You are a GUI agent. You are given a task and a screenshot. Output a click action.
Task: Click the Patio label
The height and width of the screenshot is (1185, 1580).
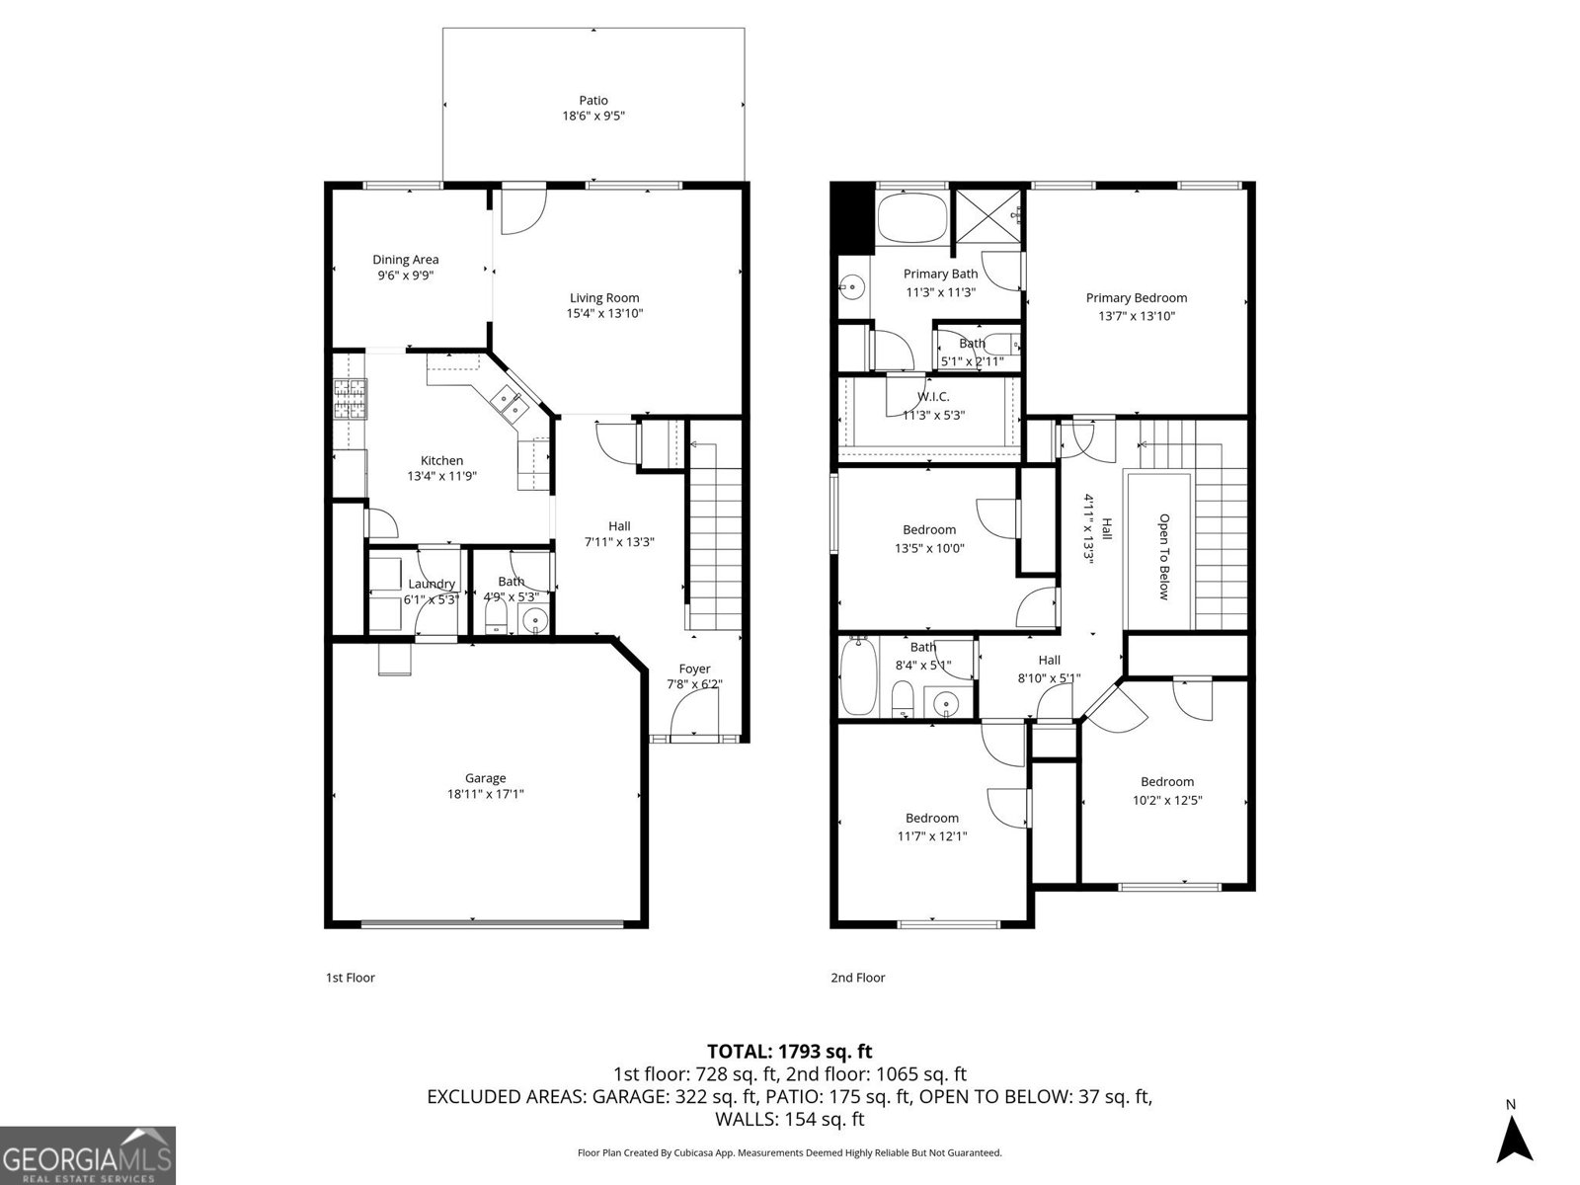pyautogui.click(x=593, y=100)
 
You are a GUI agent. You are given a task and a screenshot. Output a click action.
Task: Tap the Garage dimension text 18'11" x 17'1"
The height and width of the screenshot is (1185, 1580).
pyautogui.click(x=485, y=793)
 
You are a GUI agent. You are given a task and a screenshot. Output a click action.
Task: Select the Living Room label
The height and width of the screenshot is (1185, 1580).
pyautogui.click(x=604, y=297)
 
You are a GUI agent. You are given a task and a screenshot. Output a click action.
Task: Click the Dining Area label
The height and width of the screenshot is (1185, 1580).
pyautogui.click(x=405, y=260)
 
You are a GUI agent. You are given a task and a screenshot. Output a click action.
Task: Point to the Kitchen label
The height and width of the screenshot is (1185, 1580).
pyautogui.click(x=441, y=460)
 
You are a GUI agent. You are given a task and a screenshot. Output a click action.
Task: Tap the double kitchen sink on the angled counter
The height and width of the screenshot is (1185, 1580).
pyautogui.click(x=510, y=403)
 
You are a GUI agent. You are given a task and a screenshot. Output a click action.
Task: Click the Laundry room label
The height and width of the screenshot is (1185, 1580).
pyautogui.click(x=432, y=584)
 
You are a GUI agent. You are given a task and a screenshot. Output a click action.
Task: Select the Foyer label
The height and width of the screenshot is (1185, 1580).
pyautogui.click(x=694, y=669)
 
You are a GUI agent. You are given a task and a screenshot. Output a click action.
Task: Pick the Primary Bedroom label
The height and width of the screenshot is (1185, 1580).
pyautogui.click(x=1137, y=297)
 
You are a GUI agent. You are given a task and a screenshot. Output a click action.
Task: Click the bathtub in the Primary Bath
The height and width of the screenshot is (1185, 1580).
pyautogui.click(x=911, y=218)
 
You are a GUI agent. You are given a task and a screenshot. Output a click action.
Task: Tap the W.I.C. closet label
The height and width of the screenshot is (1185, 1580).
pyautogui.click(x=933, y=396)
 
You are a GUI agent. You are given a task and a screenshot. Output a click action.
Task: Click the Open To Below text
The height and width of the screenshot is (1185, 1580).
pyautogui.click(x=1163, y=556)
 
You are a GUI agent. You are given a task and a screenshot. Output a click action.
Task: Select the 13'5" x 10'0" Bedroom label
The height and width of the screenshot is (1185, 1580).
pyautogui.click(x=929, y=529)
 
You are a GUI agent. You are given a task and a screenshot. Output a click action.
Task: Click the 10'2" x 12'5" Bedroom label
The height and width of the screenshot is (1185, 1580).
pyautogui.click(x=1167, y=781)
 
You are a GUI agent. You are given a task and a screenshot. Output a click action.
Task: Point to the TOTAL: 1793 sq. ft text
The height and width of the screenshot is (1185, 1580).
pyautogui.click(x=790, y=1052)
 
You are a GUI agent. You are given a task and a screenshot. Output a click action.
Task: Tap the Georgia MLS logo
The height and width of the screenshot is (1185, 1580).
pyautogui.click(x=87, y=1154)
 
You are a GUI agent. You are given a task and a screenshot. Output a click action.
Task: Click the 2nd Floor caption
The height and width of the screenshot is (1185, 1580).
pyautogui.click(x=857, y=978)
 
